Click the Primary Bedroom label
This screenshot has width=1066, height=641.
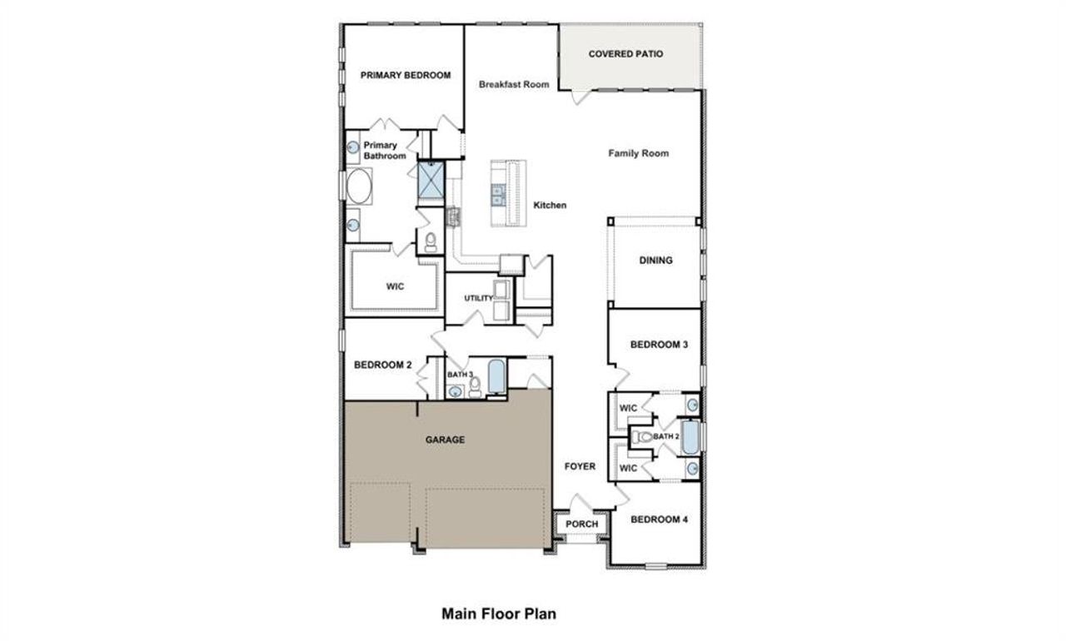tap(405, 75)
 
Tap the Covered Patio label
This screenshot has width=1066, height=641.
tap(625, 54)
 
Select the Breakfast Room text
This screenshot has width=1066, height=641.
tap(514, 84)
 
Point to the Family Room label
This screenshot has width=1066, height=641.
tap(638, 153)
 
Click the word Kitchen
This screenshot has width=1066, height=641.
tap(550, 205)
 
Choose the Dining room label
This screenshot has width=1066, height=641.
tap(655, 261)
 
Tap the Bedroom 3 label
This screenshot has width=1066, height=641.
tap(658, 345)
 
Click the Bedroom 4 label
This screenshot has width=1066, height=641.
tap(659, 519)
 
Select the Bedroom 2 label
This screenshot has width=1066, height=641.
tap(383, 364)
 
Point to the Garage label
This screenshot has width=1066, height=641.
tap(446, 440)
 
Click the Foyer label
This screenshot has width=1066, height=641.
tap(580, 466)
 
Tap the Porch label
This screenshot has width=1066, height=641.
tap(582, 524)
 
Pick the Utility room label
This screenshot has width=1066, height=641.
tap(479, 298)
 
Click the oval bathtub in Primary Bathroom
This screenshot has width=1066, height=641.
tap(360, 187)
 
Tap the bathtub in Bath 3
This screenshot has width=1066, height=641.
tap(496, 378)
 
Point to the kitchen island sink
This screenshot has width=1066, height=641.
tap(498, 196)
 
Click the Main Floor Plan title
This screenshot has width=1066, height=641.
tap(498, 614)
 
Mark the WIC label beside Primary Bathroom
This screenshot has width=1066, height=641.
tap(395, 287)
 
